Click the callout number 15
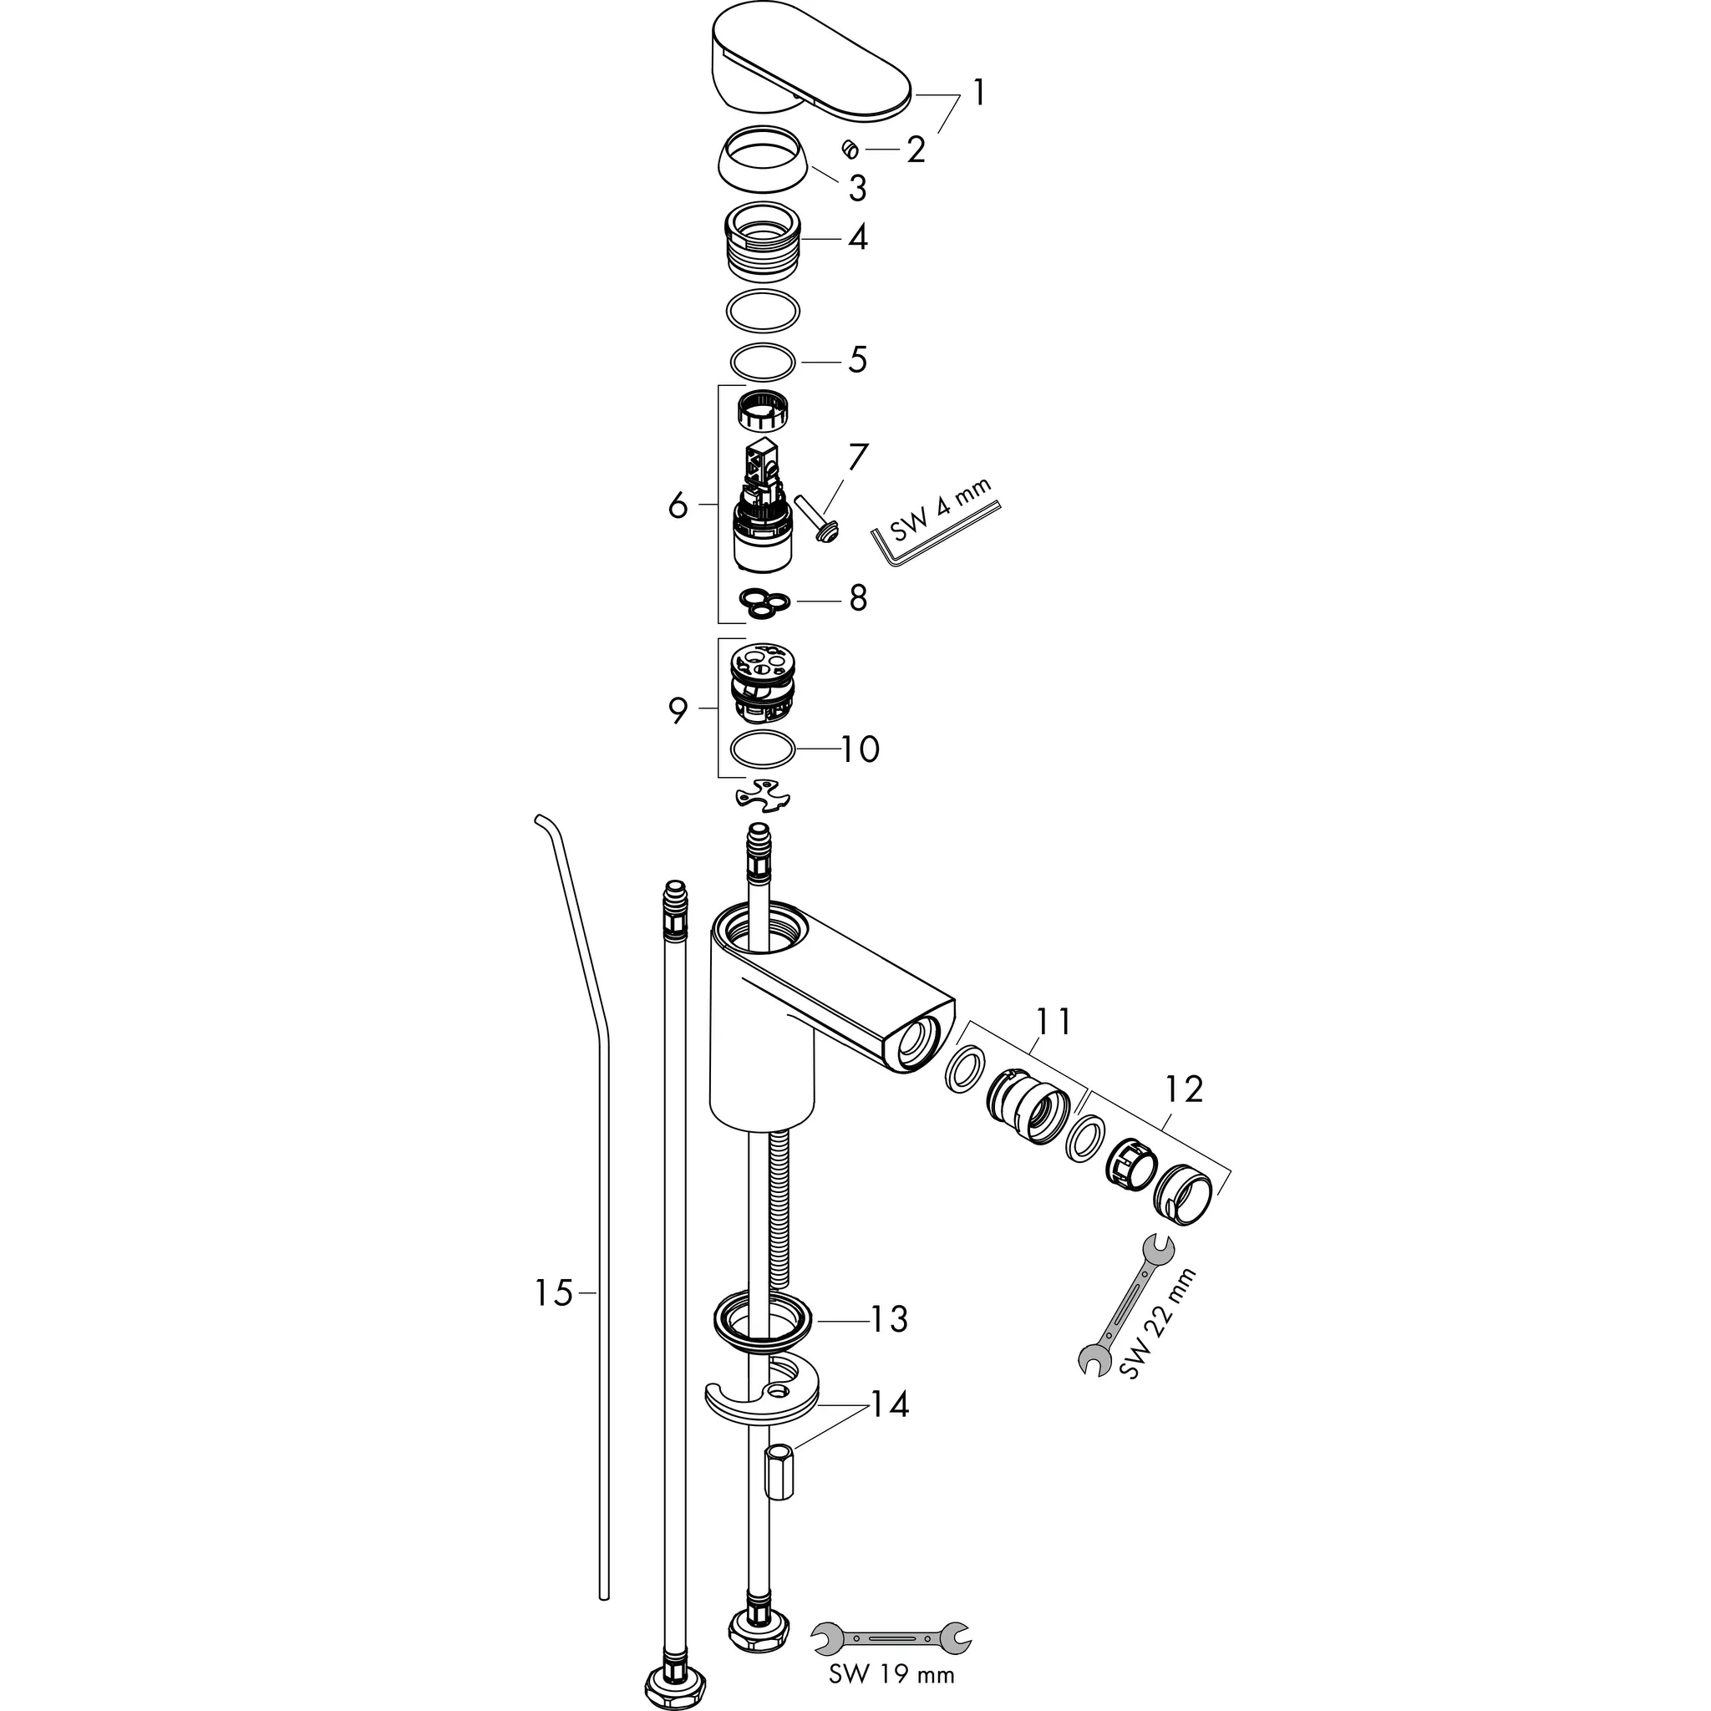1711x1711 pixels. coord(554,1293)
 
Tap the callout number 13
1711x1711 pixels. coord(888,1318)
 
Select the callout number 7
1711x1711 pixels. coord(857,457)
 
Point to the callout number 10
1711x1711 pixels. coord(859,749)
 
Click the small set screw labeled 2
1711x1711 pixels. coord(850,150)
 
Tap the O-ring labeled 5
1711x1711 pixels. coord(763,361)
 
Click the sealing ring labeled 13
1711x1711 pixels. coord(763,1326)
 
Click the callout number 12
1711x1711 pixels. coord(1184,1089)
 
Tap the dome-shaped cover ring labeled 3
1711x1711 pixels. coord(763,160)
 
